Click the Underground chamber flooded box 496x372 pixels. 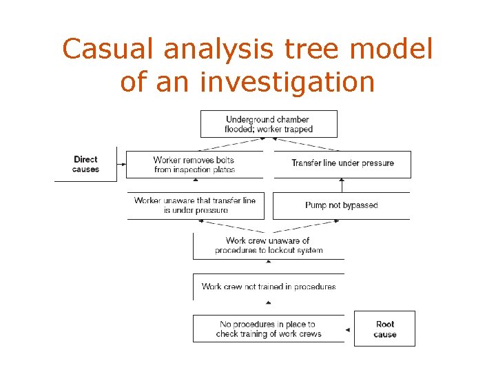coord(269,124)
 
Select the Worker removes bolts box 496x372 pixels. coord(194,165)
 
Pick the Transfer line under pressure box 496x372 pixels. coord(342,164)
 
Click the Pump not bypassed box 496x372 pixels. coord(341,205)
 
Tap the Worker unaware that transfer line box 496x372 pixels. coord(195,205)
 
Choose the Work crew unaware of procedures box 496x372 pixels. coord(268,245)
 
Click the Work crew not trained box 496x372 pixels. coord(268,287)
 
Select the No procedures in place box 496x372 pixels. coord(268,329)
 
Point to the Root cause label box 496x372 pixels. coord(384,329)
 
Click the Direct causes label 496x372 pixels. coord(85,164)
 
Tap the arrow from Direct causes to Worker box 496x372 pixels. coord(122,164)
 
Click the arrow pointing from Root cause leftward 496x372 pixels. coord(349,329)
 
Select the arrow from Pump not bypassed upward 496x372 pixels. coord(342,185)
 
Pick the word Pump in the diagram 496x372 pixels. coord(316,205)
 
